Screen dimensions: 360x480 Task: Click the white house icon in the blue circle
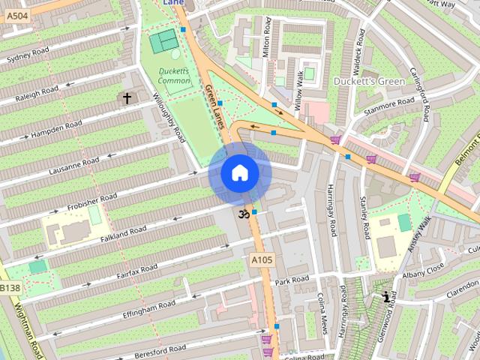point(239,173)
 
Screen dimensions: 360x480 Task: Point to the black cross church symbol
point(127,98)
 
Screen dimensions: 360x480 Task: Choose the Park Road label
point(292,280)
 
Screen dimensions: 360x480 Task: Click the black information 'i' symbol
point(386,297)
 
